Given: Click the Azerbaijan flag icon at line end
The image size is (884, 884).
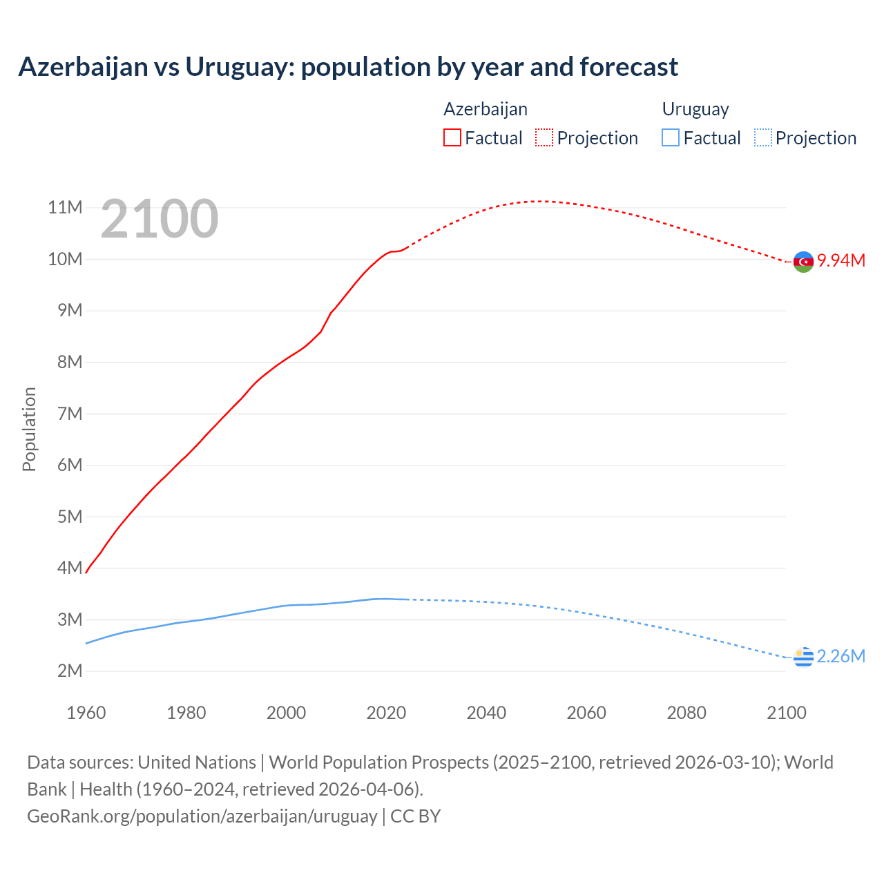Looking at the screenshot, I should (803, 262).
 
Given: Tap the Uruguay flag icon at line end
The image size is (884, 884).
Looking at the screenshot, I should (803, 657).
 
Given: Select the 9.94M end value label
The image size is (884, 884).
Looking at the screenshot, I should (841, 260).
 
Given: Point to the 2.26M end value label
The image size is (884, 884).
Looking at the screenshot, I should (840, 656).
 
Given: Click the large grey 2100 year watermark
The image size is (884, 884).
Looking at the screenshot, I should (160, 219).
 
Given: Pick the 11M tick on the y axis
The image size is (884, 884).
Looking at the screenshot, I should (65, 208).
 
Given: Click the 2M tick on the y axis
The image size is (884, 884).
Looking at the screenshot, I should (70, 671).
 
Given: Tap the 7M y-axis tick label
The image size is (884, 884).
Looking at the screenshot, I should (70, 414).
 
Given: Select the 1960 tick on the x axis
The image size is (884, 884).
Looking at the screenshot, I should (86, 713).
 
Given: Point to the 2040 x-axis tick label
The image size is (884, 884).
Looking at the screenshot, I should (486, 713).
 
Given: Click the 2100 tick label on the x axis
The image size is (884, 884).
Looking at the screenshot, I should (786, 713).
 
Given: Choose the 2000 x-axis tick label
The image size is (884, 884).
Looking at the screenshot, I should (286, 713).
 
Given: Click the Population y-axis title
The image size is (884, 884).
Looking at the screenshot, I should (29, 429).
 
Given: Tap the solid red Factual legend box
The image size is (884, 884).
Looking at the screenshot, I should (452, 137).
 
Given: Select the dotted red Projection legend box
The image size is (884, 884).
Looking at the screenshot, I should (544, 137).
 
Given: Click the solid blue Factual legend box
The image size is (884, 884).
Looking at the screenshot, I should (670, 137).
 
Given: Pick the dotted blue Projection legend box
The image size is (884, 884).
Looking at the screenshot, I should (762, 137).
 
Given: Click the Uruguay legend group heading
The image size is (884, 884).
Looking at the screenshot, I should (695, 109).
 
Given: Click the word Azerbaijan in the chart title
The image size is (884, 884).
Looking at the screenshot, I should (83, 67).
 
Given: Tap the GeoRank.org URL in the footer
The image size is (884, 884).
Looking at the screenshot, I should (202, 816).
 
